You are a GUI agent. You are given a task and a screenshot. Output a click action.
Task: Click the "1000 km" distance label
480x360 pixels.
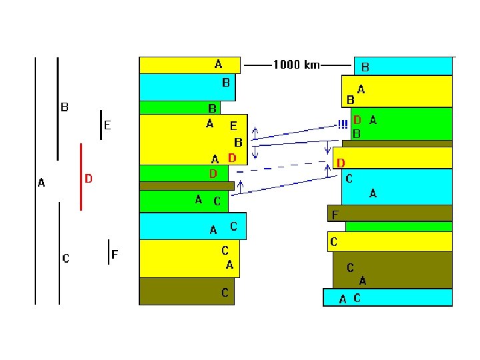pos(296,65)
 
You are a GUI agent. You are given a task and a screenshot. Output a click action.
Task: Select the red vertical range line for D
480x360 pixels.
pos(81,177)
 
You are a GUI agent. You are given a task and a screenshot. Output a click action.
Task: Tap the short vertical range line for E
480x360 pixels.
pos(101,125)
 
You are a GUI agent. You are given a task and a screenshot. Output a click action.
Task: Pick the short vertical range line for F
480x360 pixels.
pos(109,252)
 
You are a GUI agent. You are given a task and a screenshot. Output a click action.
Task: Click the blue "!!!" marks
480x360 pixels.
pos(343,124)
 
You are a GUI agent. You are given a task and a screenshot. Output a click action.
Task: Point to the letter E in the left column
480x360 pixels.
pos(233,126)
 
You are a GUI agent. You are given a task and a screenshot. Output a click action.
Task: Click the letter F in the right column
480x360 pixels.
pos(335,215)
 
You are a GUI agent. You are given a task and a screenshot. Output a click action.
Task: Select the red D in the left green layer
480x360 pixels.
pos(213,174)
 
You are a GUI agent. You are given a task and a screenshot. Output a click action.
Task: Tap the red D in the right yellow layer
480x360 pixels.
pos(341,163)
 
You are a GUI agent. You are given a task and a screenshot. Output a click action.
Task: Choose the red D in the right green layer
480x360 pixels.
pos(357,120)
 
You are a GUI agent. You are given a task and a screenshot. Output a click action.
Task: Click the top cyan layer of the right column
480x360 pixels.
pos(403,66)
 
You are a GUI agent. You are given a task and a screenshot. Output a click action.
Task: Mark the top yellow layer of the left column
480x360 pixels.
pos(190,65)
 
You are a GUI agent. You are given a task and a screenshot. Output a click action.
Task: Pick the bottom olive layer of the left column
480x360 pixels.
pos(187,291)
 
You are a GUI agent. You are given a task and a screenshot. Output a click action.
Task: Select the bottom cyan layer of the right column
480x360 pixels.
pos(387,297)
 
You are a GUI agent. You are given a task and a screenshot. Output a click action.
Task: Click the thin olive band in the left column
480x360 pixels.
pos(187,186)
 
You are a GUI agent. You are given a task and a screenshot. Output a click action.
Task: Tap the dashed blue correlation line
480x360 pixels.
pos(281,167)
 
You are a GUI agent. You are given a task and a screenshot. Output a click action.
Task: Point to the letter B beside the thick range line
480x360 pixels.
pos(65,107)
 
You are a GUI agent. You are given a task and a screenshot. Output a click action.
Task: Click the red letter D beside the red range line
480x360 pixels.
pos(89,179)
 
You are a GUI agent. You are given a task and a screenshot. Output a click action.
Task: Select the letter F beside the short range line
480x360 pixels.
pos(115,254)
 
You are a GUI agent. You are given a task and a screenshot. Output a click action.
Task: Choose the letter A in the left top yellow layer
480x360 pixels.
pos(218,64)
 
